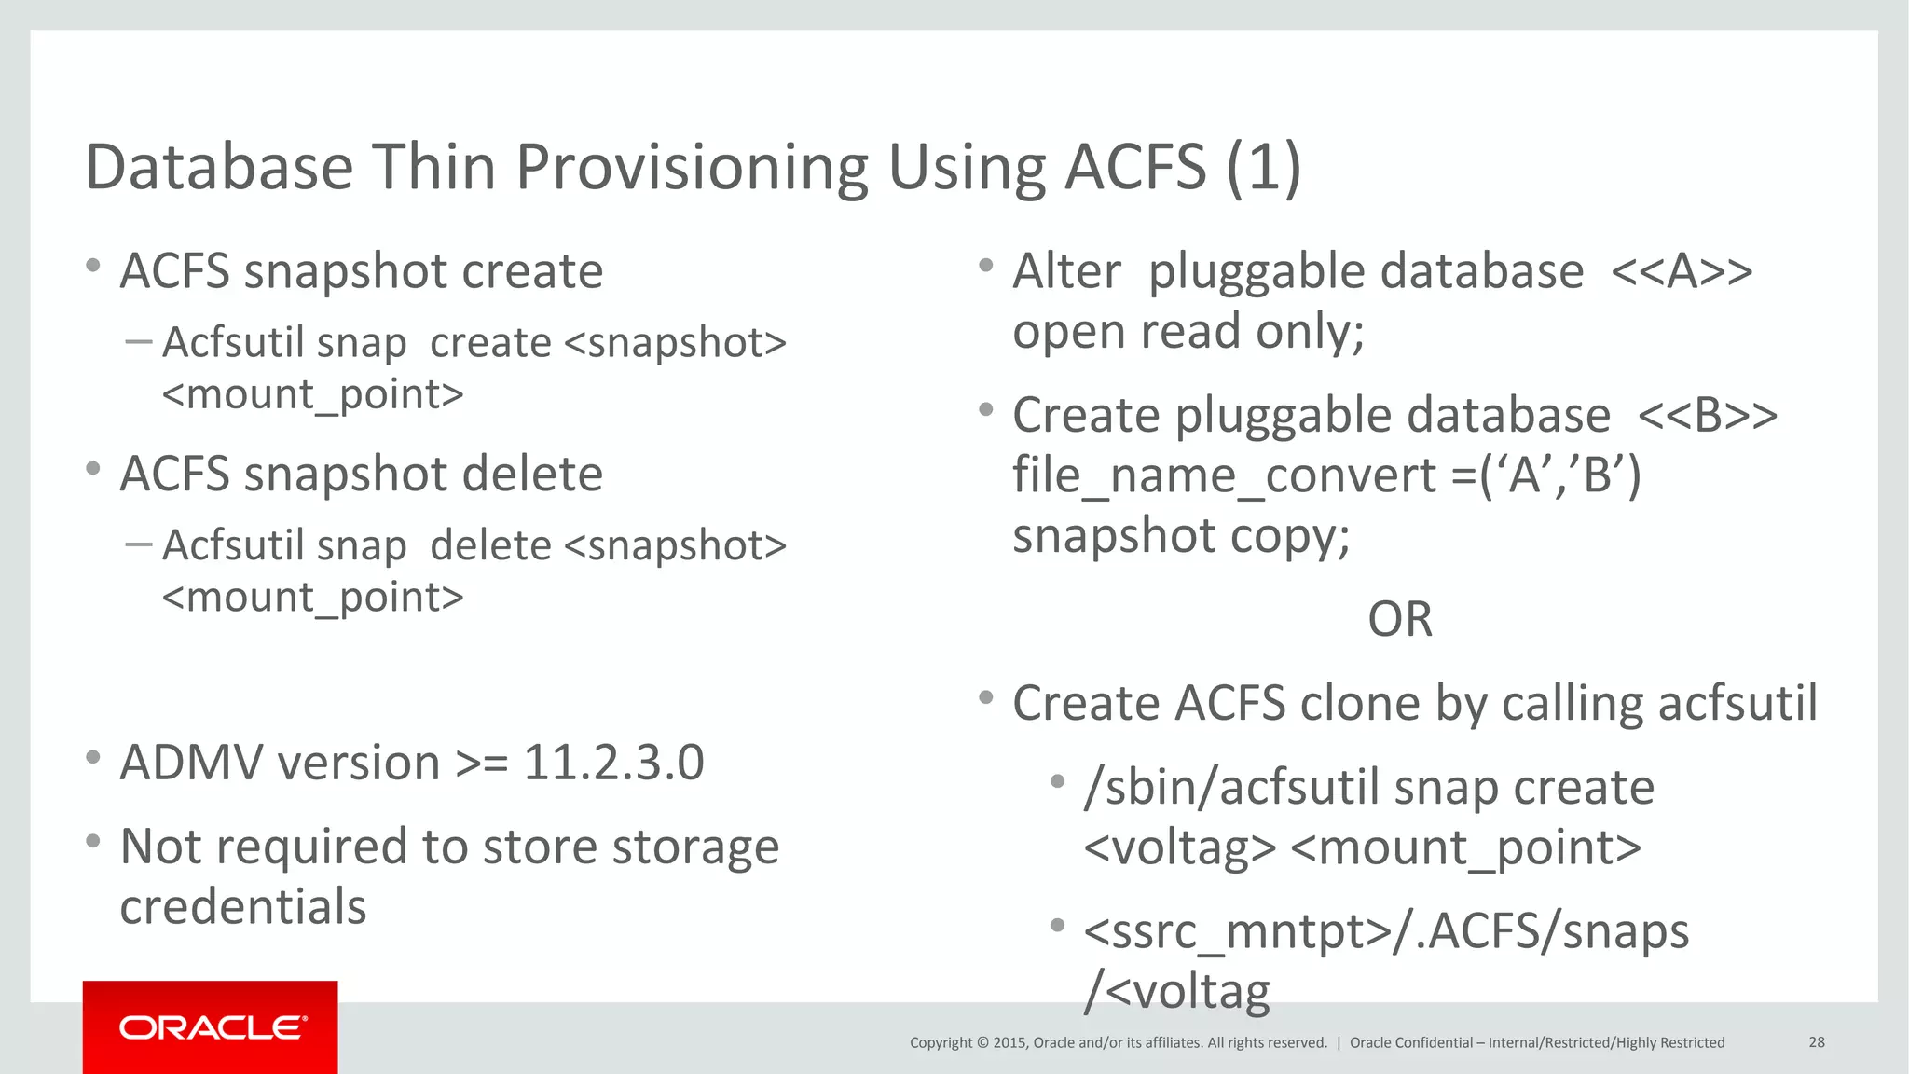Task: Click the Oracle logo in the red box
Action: pyautogui.click(x=212, y=1027)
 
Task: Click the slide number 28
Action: pyautogui.click(x=1816, y=1042)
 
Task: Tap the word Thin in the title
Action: pyautogui.click(x=433, y=168)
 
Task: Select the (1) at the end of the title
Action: pyautogui.click(x=1263, y=168)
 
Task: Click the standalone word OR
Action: pyautogui.click(x=1399, y=619)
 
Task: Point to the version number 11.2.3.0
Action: pyautogui.click(x=613, y=763)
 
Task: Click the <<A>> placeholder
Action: pyautogui.click(x=1682, y=272)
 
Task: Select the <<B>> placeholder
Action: pyautogui.click(x=1708, y=416)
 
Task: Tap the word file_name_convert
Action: pyautogui.click(x=1225, y=475)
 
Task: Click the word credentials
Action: pyautogui.click(x=243, y=906)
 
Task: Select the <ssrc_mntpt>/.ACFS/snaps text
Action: pyautogui.click(x=1386, y=931)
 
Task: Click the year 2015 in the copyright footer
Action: pyautogui.click(x=1010, y=1042)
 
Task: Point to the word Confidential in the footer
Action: pyautogui.click(x=1434, y=1042)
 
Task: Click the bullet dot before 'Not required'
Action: pyautogui.click(x=92, y=842)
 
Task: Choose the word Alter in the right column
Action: pyautogui.click(x=1066, y=272)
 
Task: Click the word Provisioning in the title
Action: pyautogui.click(x=692, y=168)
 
